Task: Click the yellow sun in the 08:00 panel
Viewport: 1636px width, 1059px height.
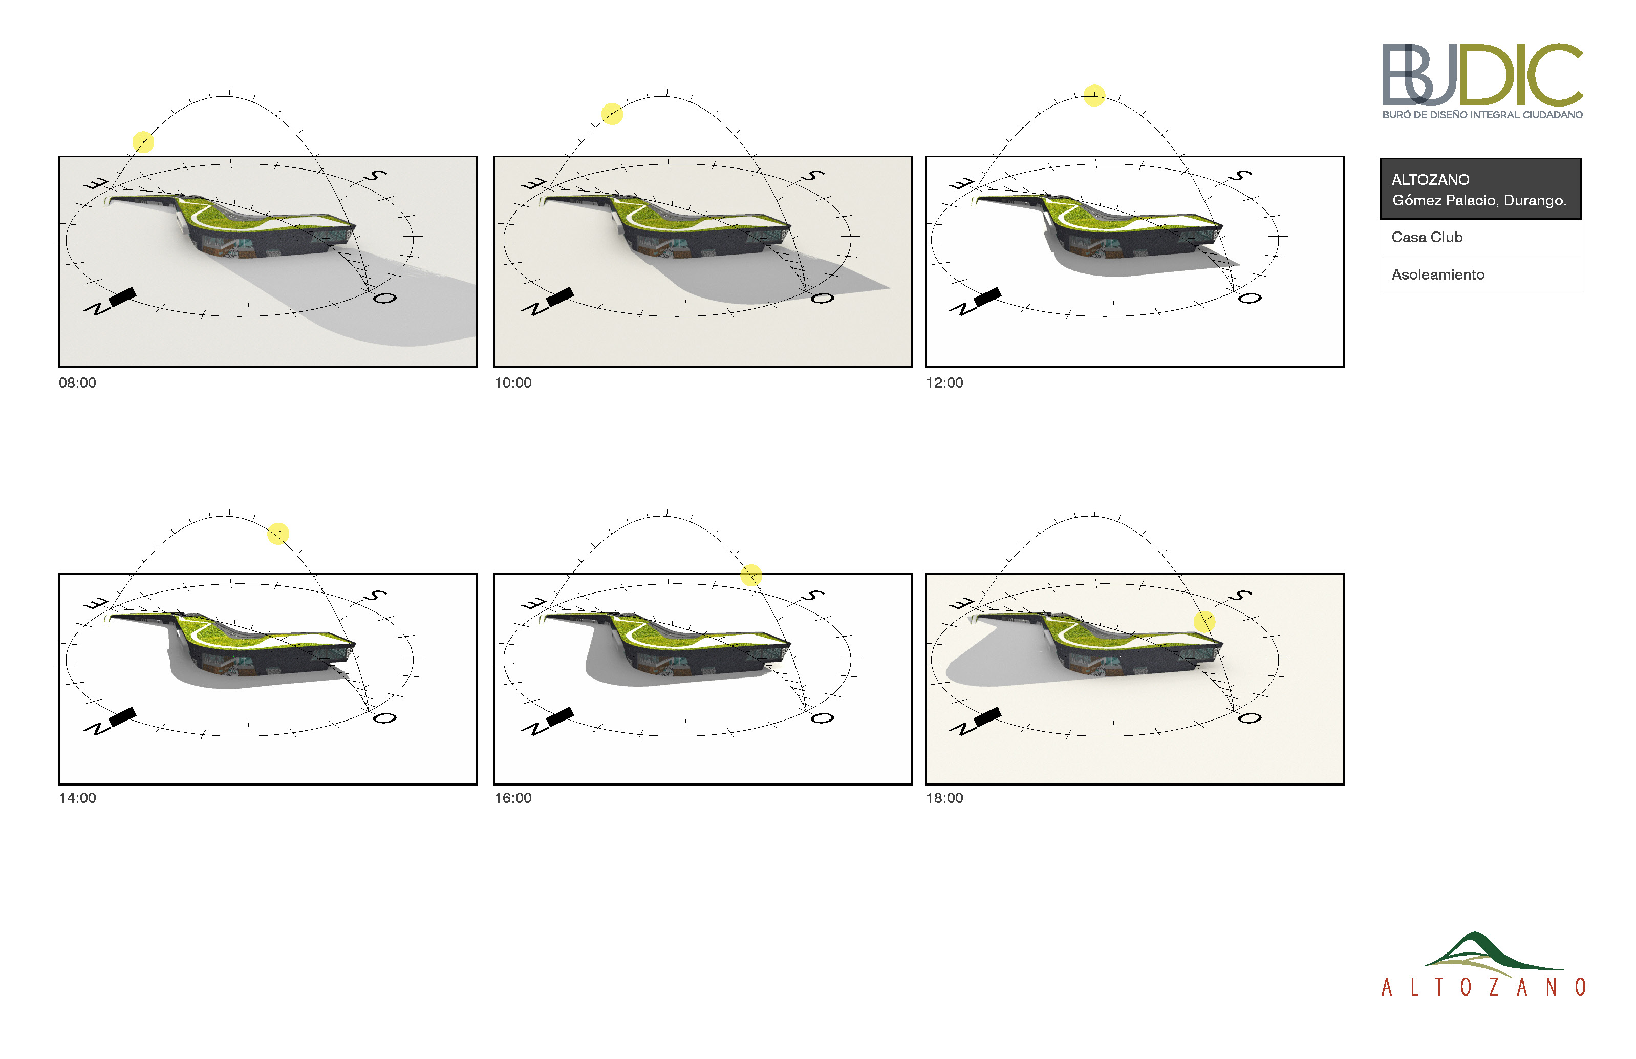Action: pos(143,142)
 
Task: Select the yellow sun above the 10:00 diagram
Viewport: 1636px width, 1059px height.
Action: pos(612,114)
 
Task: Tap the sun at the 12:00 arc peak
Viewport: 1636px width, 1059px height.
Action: pos(1094,95)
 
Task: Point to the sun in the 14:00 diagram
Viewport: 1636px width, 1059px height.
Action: pos(278,534)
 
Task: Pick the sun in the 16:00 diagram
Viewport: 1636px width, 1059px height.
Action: pos(750,575)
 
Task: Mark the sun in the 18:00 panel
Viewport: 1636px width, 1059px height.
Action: pos(1204,622)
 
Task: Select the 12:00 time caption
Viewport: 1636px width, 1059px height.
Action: pos(944,383)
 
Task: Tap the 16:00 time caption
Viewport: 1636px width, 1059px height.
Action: pos(513,798)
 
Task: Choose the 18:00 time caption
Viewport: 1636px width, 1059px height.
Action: pos(944,798)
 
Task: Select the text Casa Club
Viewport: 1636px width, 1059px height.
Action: pos(1427,237)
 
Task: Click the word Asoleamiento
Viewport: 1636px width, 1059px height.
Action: pos(1438,274)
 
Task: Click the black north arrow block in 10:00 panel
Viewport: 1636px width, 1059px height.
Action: pos(559,297)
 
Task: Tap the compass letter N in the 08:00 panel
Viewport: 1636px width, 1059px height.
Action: pos(97,309)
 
